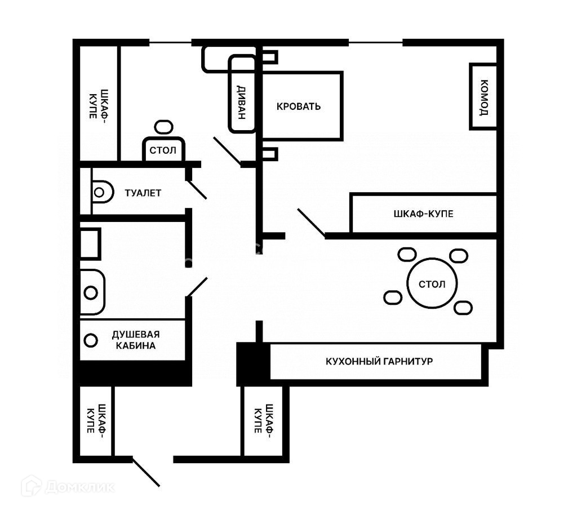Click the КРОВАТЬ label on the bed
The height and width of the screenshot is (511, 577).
[299, 106]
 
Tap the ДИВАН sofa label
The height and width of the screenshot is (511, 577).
[241, 102]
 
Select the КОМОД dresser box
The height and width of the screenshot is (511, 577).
[483, 96]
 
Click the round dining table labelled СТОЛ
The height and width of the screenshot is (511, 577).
[432, 283]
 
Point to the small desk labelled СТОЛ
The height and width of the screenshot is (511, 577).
[163, 150]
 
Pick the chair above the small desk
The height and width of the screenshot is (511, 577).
[164, 127]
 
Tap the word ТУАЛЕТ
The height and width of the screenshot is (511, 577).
[143, 193]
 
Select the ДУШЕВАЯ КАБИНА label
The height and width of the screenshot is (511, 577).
[135, 340]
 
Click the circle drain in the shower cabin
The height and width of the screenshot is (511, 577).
[90, 340]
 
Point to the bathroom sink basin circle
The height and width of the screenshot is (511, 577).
[91, 292]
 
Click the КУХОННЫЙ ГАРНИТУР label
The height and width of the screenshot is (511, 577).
[379, 361]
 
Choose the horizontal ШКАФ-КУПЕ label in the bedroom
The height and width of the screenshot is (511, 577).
[423, 214]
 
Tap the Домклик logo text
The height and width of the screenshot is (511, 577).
[80, 486]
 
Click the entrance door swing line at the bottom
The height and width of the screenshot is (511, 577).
[145, 472]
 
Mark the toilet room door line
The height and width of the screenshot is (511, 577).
[197, 189]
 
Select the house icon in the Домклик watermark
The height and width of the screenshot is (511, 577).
[32, 486]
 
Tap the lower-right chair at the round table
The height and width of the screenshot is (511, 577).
[463, 308]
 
